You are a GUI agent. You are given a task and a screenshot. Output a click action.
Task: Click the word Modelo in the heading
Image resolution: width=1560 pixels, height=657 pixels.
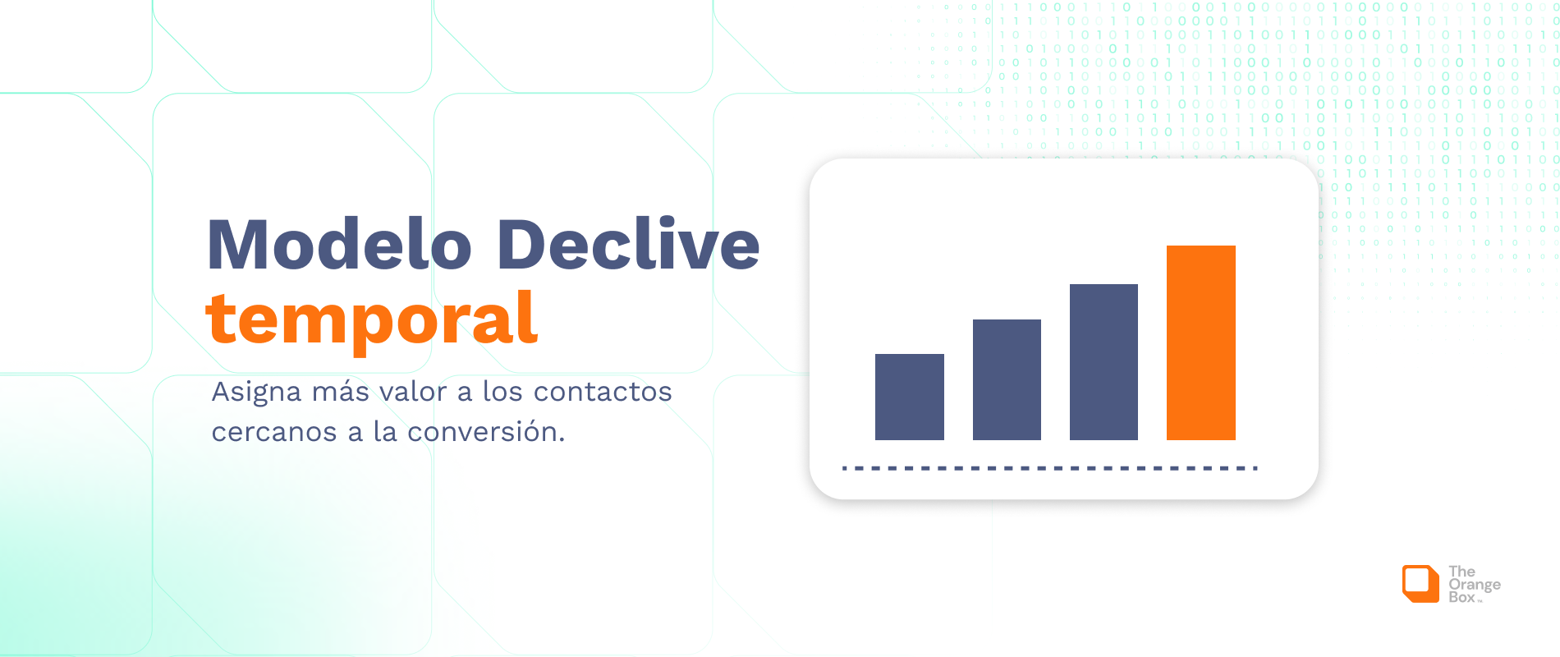coord(339,245)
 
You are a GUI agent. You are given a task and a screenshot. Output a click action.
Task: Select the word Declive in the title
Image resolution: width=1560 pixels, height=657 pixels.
coord(628,245)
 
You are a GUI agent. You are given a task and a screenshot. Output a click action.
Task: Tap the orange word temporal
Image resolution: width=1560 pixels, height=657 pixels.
coord(372,319)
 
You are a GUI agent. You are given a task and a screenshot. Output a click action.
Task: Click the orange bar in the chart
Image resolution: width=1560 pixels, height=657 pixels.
coord(1200,342)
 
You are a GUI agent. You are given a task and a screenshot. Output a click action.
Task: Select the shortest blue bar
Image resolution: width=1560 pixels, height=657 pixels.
coord(909,397)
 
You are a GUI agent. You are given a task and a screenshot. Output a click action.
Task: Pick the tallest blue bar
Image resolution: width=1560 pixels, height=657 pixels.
coord(1103,361)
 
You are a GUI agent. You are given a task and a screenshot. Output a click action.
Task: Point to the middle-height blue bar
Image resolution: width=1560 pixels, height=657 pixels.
coord(1007,379)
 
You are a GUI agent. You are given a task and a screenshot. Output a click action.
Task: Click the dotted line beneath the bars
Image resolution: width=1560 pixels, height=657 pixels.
coord(1049,468)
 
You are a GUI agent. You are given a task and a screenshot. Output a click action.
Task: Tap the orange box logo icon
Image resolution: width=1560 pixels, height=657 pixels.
coord(1420,584)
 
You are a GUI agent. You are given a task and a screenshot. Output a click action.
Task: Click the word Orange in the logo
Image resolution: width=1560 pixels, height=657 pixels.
coord(1475,585)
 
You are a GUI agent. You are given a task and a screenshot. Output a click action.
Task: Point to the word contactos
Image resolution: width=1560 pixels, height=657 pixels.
coord(603,392)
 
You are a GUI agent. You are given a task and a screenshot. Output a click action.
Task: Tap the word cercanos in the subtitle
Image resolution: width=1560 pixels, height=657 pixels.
coord(274,432)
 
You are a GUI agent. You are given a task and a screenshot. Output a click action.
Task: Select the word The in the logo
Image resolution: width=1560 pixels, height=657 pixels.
coord(1461,572)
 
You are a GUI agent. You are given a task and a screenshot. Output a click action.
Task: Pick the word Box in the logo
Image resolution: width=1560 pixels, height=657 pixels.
coord(1461,598)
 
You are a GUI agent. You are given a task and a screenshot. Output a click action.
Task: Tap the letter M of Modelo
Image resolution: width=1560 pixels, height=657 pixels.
coord(237,245)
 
